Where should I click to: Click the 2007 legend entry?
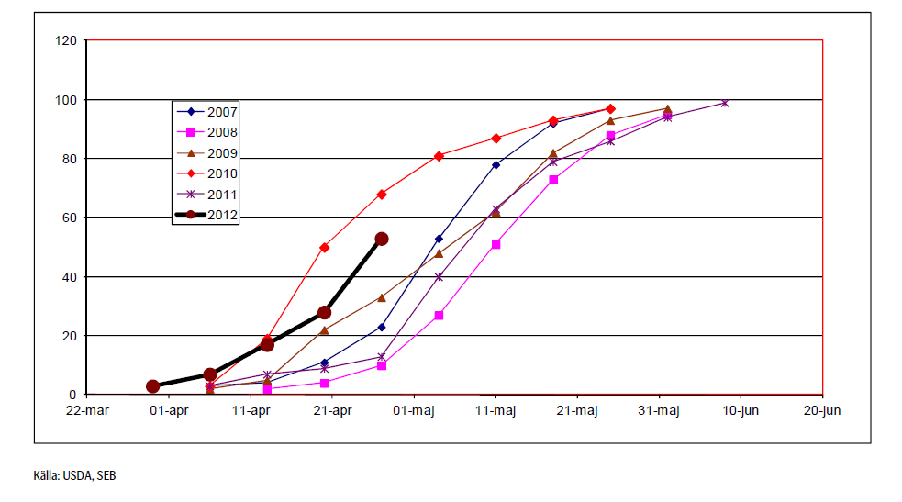pos(207,112)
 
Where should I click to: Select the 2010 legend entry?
pos(207,173)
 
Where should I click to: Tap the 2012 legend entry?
pos(207,216)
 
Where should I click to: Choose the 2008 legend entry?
pos(207,132)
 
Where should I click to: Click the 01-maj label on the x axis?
pos(414,410)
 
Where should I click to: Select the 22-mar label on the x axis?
pos(86,410)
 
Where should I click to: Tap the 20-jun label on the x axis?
pos(822,410)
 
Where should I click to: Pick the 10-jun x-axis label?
pos(741,410)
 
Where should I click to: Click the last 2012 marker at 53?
pos(382,239)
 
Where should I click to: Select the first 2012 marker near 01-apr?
pos(152,386)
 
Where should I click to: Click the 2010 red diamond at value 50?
pos(325,248)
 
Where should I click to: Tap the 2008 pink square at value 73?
pos(553,180)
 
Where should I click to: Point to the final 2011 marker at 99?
pos(725,103)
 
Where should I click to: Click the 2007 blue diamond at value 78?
pos(496,165)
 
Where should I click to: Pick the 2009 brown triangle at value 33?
pos(382,297)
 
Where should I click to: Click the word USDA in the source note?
pos(75,475)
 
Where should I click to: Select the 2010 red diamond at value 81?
pos(439,156)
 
